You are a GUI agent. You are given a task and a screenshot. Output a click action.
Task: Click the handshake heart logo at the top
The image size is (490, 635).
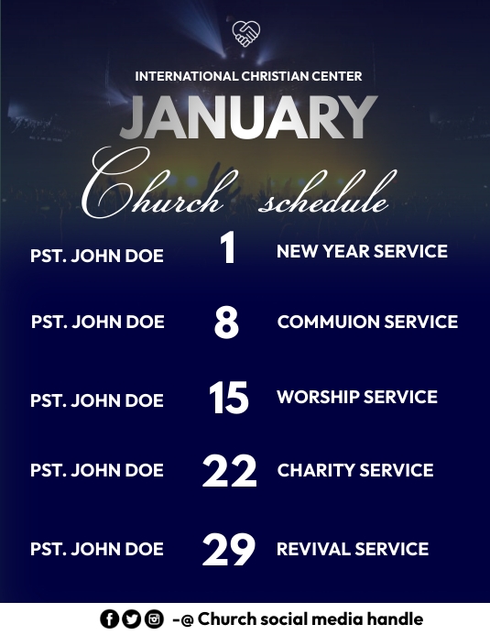tap(246, 34)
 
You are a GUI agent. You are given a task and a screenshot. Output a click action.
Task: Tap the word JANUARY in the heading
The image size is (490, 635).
tap(248, 118)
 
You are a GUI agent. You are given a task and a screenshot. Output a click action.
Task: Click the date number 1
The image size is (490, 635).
tap(228, 250)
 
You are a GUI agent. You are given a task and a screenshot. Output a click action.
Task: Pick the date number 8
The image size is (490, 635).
tap(226, 323)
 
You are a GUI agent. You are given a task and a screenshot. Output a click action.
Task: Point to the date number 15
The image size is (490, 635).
tap(228, 399)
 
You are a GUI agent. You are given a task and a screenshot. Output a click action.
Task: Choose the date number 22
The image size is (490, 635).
tap(229, 471)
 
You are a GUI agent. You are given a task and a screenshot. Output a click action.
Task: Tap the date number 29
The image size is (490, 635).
tap(229, 550)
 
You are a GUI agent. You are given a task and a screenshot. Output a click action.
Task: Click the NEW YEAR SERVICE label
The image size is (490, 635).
tap(362, 251)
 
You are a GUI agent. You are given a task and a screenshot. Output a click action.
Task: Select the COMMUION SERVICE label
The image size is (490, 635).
tap(367, 323)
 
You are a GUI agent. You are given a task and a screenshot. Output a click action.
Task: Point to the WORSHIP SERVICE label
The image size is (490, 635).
tap(357, 398)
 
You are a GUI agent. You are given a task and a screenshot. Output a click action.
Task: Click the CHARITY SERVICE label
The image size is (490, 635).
tap(355, 471)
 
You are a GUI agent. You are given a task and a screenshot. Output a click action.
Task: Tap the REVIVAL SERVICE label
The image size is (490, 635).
tap(353, 550)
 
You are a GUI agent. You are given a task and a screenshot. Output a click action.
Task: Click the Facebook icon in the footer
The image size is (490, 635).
tap(110, 619)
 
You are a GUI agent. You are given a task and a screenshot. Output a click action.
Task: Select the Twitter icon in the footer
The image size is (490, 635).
tap(132, 619)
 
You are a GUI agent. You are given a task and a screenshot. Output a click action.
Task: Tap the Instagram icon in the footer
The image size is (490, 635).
tap(154, 619)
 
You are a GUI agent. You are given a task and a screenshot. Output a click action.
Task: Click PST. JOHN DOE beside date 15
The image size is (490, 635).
tap(97, 400)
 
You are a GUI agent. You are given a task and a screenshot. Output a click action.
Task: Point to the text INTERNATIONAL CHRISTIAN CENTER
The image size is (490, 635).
tap(248, 76)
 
